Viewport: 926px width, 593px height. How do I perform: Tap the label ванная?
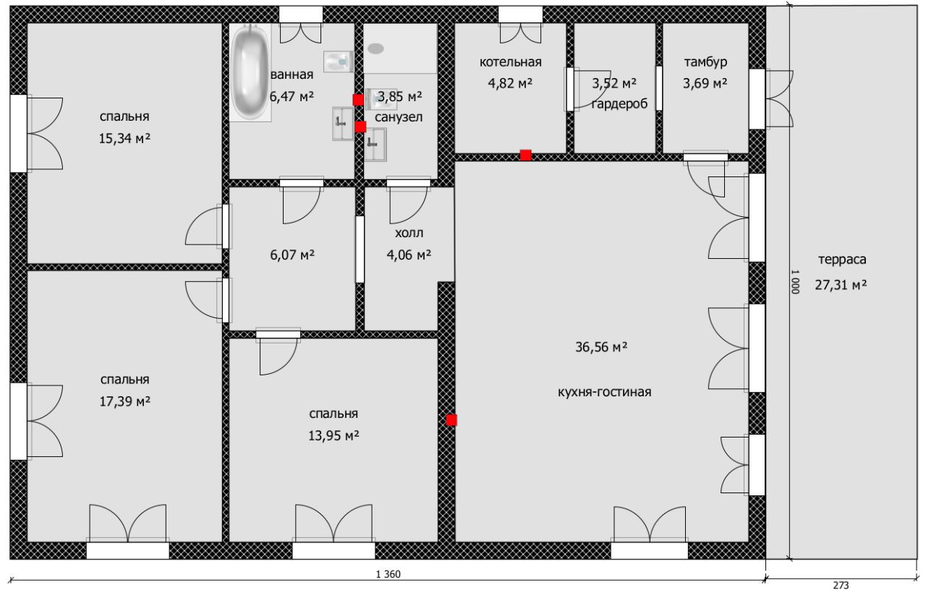[x=292, y=74]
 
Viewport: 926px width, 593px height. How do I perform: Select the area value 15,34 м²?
[x=124, y=138]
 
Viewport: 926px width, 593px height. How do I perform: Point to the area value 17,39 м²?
[x=124, y=401]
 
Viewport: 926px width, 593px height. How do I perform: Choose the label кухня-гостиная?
[x=605, y=392]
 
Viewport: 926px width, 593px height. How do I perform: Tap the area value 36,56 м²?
[x=600, y=348]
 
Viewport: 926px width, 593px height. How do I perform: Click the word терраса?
[x=842, y=260]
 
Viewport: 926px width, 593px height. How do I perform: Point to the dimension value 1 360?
[x=388, y=575]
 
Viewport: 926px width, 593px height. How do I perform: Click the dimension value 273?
[x=840, y=585]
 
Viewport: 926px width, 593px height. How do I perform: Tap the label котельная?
[x=510, y=62]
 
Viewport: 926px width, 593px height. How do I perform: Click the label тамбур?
[x=705, y=62]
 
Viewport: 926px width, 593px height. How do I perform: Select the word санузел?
[x=399, y=116]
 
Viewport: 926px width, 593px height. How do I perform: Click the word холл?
[x=409, y=233]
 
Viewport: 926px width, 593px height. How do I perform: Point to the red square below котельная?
[x=526, y=155]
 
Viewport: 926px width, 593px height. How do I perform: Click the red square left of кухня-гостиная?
[x=451, y=420]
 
